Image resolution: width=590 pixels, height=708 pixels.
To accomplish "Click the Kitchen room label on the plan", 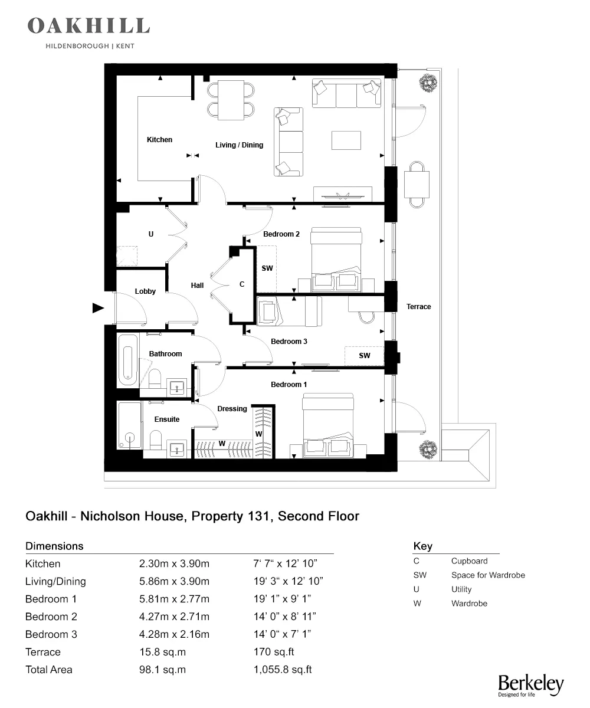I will pos(159,140).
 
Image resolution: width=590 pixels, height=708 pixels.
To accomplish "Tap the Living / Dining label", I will pos(239,145).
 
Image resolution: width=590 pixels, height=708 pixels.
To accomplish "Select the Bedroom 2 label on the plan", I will pos(281,234).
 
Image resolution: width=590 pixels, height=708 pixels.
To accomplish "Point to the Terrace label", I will pos(418,307).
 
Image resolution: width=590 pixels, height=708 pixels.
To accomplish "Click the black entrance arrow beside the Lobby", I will pos(98,307).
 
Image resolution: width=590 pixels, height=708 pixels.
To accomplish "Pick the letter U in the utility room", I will pos(151,234).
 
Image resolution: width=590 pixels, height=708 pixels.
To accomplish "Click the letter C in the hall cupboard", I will pos(241,284).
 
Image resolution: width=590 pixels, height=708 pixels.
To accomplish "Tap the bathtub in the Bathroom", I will pos(127,360).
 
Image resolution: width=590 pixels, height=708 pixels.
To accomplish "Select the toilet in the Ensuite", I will pos(156,440).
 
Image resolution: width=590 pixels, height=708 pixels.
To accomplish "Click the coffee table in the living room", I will pos(346,140).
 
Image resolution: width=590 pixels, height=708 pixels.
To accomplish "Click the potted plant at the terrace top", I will pos(427,83).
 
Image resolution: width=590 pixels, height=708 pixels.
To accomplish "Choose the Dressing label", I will pos(232,409).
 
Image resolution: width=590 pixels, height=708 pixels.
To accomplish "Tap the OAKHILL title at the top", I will pos(88,26).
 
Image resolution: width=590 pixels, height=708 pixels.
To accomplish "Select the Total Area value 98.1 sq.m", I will pos(162,670).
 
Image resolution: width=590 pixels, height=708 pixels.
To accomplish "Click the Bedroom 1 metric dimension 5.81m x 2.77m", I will pos(174,599).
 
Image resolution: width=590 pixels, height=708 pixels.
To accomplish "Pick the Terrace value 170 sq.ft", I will pos(273,652).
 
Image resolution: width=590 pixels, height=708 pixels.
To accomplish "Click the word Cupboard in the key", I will pos(469,561).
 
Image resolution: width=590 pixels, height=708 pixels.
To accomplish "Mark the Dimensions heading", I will pos(54,546).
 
